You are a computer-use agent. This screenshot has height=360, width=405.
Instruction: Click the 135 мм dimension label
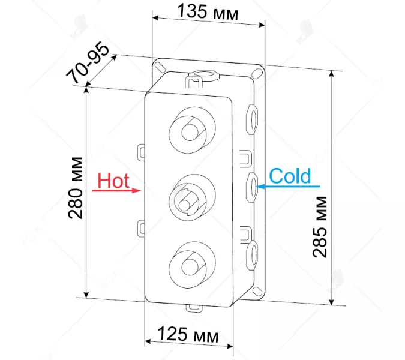click(x=208, y=12)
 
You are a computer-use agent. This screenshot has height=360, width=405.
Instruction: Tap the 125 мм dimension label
click(x=188, y=334)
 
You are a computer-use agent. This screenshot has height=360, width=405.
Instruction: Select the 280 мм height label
click(x=76, y=188)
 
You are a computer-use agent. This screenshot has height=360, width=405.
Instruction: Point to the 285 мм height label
click(x=320, y=227)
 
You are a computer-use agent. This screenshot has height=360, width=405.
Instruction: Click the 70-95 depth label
click(x=88, y=62)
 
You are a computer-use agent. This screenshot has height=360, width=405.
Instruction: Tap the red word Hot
click(x=113, y=181)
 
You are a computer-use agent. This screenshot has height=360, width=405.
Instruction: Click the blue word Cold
click(x=290, y=176)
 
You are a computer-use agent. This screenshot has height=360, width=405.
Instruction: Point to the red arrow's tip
click(x=141, y=191)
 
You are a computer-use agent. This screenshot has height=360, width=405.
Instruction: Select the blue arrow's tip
click(x=257, y=186)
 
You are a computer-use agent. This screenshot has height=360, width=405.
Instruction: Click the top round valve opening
click(x=192, y=128)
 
